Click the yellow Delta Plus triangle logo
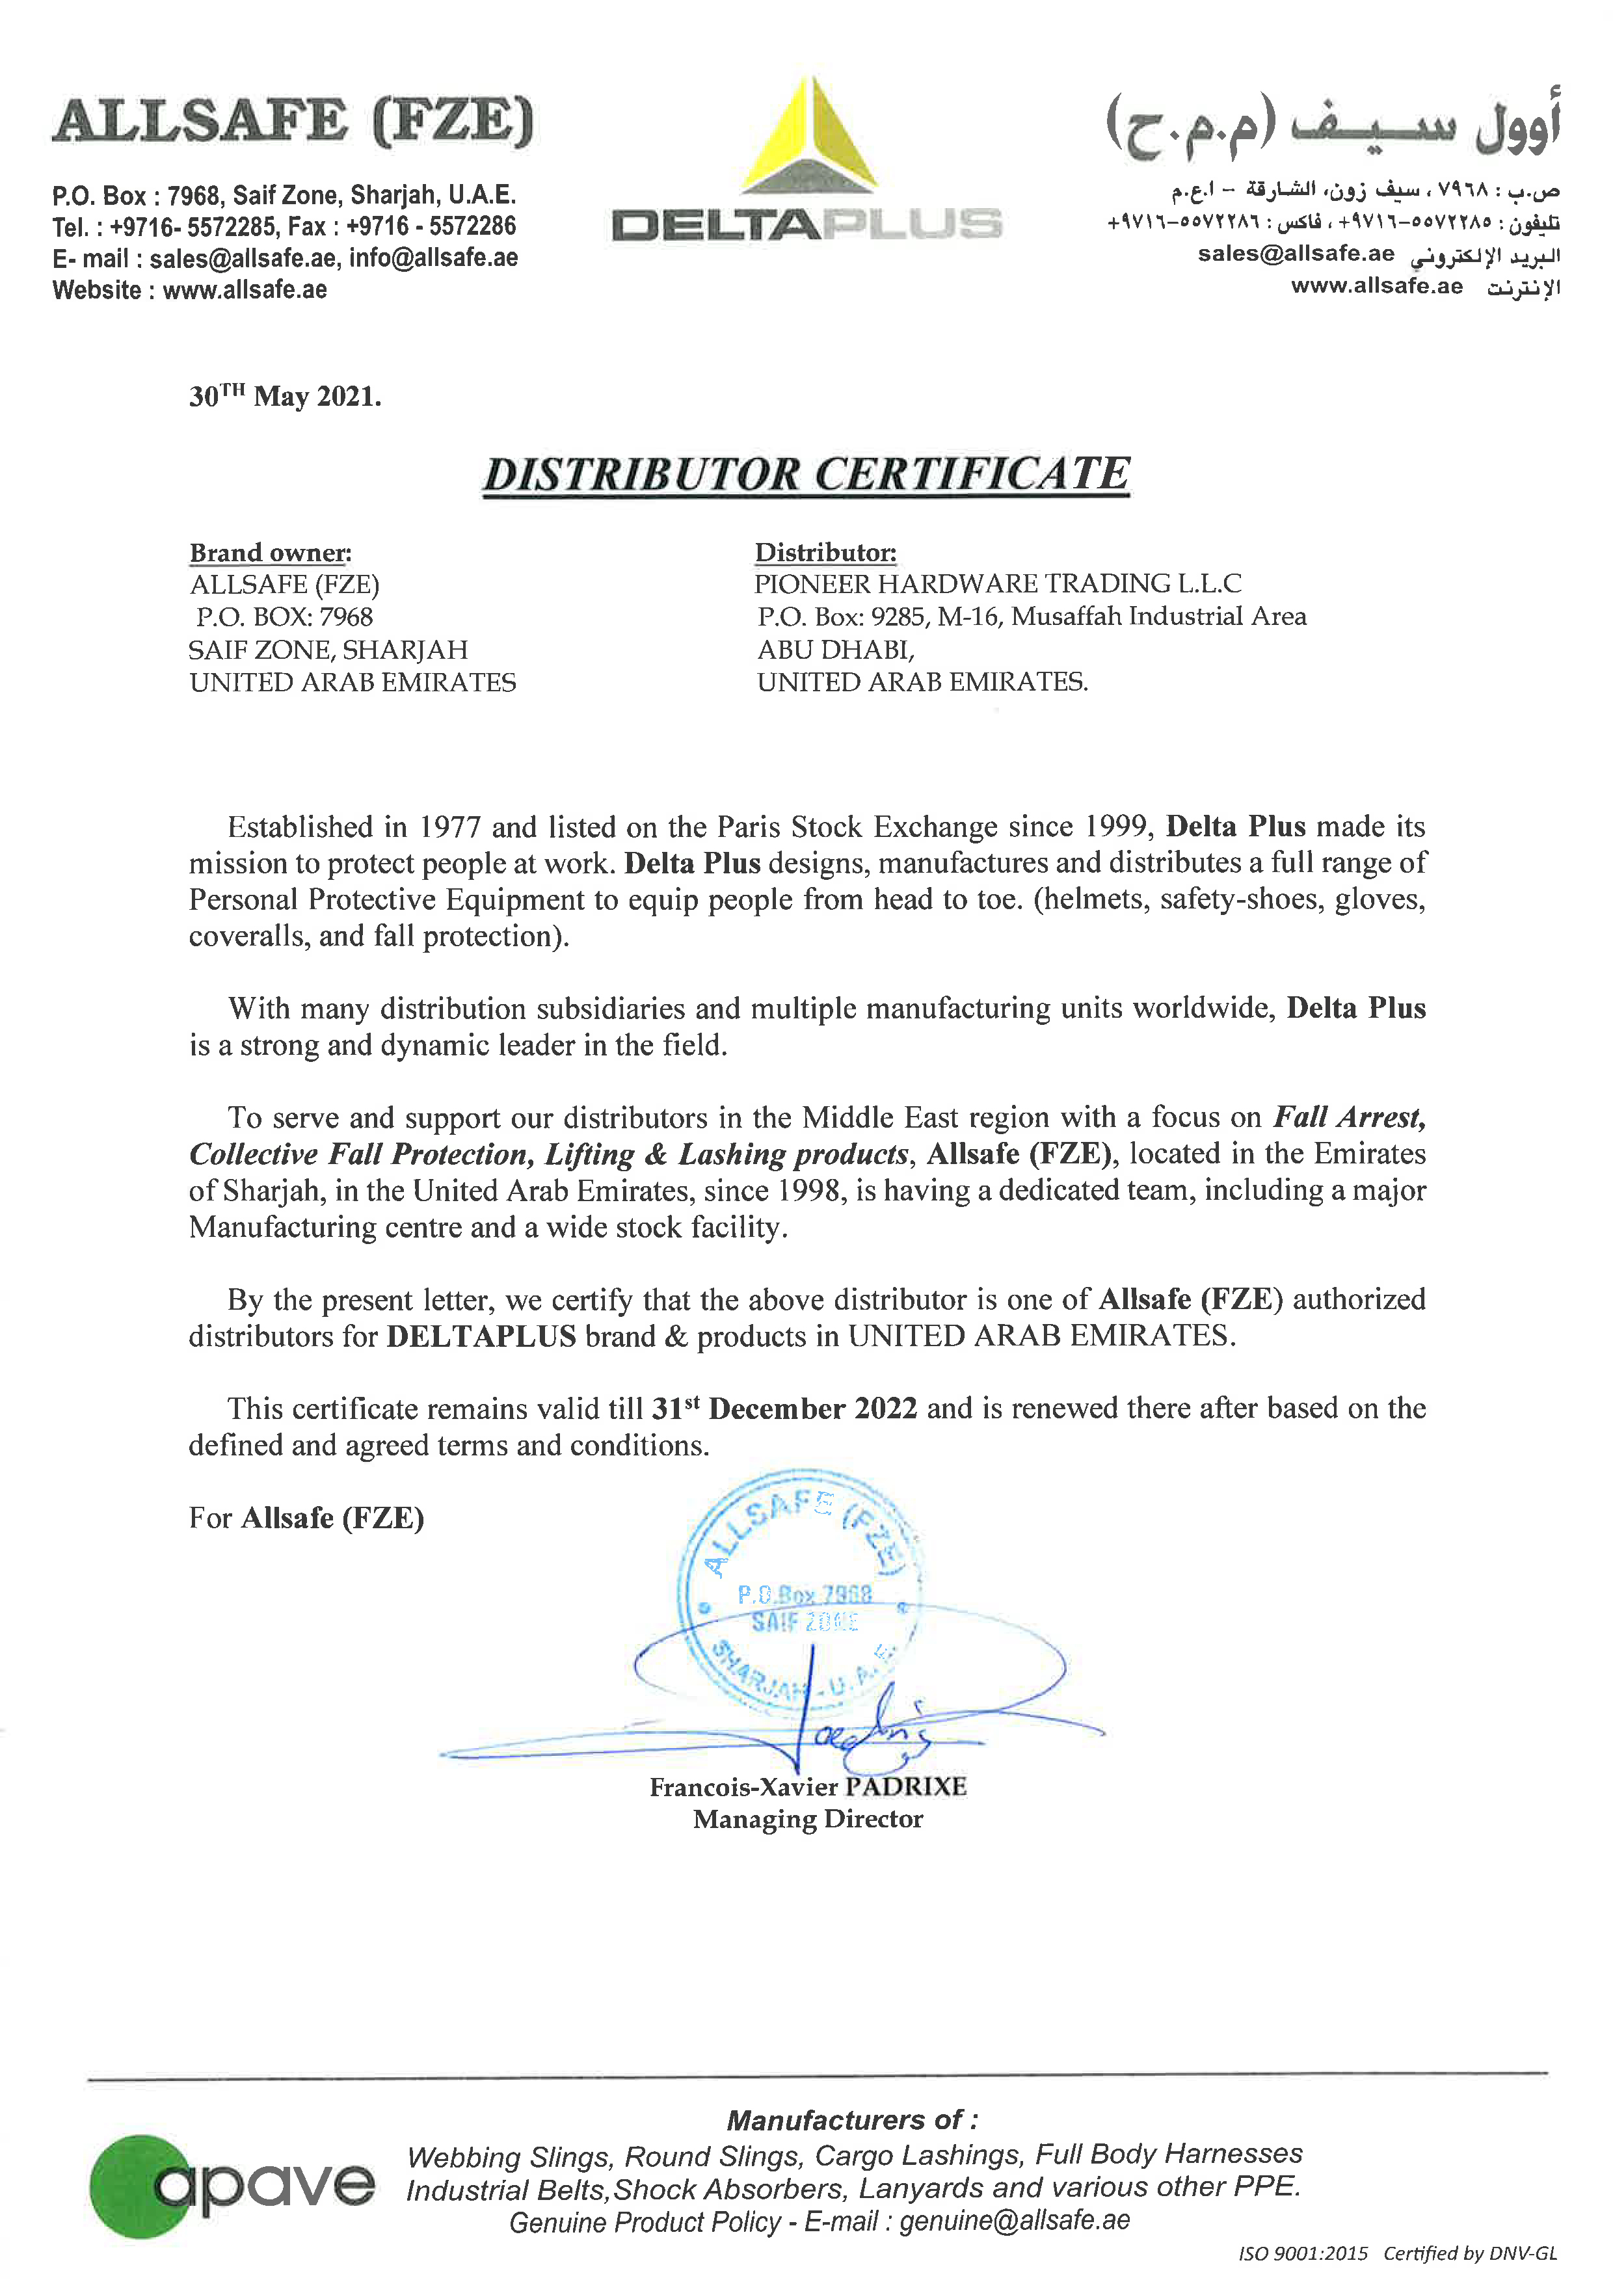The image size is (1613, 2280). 810,139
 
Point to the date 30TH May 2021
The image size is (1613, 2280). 285,396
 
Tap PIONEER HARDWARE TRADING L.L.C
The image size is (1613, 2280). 997,584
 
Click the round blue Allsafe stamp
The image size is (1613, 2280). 799,1589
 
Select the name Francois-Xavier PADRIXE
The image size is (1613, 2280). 808,1786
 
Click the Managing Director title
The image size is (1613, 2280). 808,1819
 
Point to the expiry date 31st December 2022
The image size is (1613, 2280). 784,1409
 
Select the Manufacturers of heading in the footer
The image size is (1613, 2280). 852,2120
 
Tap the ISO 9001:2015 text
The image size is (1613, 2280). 1302,2253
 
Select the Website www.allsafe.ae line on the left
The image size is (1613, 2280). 190,290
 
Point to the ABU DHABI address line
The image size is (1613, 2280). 835,650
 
